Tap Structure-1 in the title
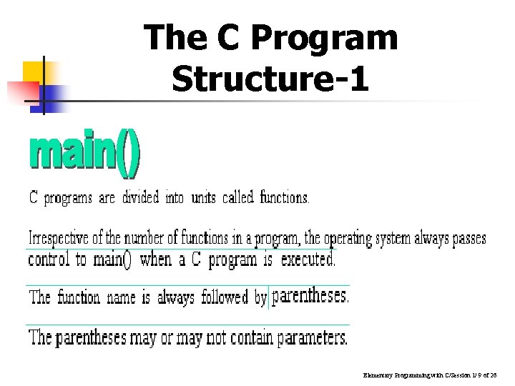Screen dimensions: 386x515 pos(270,79)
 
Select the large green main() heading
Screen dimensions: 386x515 pos(84,155)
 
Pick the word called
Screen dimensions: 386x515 pos(237,197)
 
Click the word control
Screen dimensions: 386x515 pos(49,259)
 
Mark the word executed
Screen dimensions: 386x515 pos(308,259)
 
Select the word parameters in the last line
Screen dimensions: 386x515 pos(312,337)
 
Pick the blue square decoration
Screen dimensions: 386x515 pos(57,93)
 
